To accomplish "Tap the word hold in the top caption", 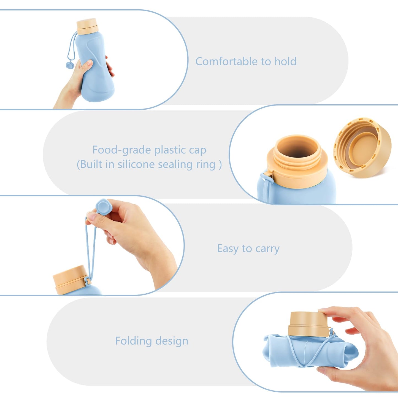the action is [x=285, y=61].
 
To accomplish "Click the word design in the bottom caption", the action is [x=172, y=341].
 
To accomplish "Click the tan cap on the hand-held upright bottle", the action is [x=87, y=26].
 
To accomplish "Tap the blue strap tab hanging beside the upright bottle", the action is [x=70, y=66].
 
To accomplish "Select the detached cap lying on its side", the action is [x=362, y=147].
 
